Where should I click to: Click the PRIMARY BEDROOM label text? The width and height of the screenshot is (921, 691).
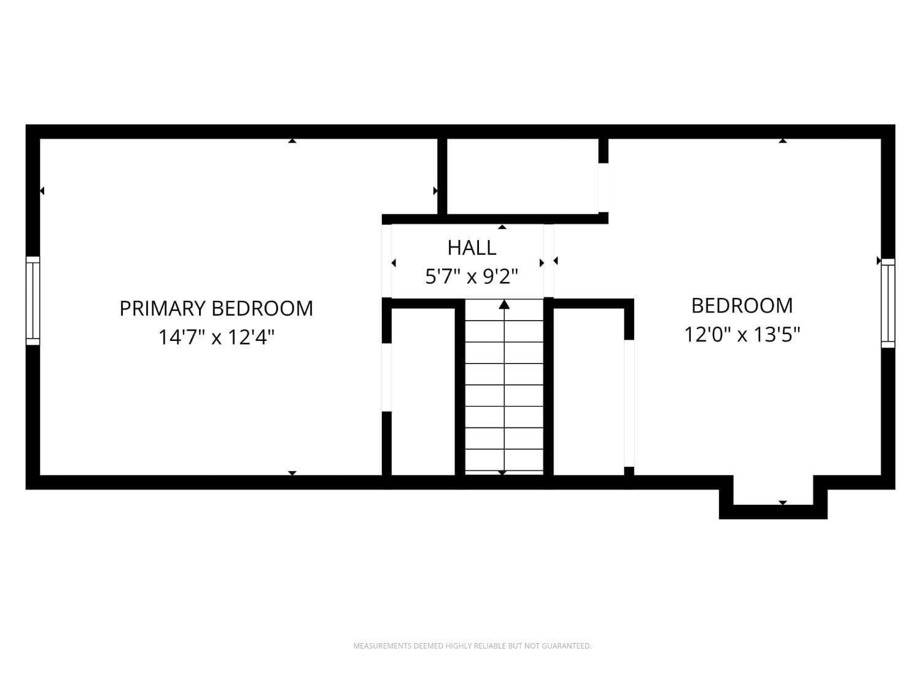point(216,308)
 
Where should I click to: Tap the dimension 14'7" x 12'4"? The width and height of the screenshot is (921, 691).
point(216,337)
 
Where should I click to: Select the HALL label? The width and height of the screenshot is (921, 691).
point(472,248)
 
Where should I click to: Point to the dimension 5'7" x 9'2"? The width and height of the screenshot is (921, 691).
point(472,277)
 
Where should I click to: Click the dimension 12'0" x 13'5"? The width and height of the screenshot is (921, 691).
point(742,335)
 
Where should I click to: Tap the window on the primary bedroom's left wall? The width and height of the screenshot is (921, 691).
point(33,300)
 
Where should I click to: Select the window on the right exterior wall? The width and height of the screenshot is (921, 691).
point(888,303)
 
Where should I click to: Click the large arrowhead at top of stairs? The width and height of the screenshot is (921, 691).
point(504,304)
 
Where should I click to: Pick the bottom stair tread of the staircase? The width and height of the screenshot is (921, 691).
point(504,461)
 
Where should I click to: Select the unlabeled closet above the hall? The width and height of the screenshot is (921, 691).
point(522,176)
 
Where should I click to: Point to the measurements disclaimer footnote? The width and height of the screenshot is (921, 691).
point(472,646)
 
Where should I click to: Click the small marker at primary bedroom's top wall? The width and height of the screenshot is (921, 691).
point(292,141)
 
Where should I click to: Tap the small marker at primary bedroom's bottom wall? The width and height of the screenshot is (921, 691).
point(292,472)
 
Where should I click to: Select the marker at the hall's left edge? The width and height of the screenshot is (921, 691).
point(394,263)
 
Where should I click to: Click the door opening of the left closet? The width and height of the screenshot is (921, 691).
point(387,377)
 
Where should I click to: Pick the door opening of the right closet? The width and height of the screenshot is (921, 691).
point(629,403)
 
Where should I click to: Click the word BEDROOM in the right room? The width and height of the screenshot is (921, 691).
point(742,306)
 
